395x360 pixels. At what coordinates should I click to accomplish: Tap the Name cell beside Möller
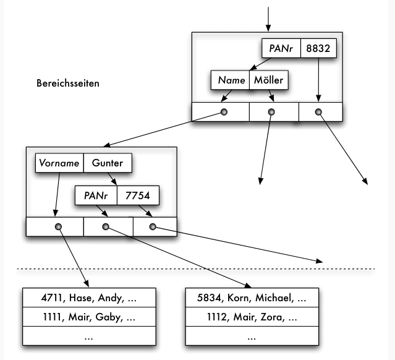coord(230,80)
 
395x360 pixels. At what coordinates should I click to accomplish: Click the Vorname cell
coord(59,163)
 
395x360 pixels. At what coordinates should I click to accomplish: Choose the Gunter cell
coord(107,163)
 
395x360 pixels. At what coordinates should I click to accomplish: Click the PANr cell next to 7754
coord(96,196)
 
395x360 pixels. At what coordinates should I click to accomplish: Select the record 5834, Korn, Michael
coord(252,298)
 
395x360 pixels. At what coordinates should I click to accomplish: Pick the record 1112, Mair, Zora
coord(252,317)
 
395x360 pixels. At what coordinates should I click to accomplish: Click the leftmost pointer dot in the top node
coord(224,112)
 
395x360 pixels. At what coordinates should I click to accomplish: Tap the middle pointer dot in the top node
coord(271,112)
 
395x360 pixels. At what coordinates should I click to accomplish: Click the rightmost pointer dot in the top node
coord(318,112)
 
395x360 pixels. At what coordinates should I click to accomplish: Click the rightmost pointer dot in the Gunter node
coord(153,227)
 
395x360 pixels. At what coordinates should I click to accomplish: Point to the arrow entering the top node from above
coord(268,19)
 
